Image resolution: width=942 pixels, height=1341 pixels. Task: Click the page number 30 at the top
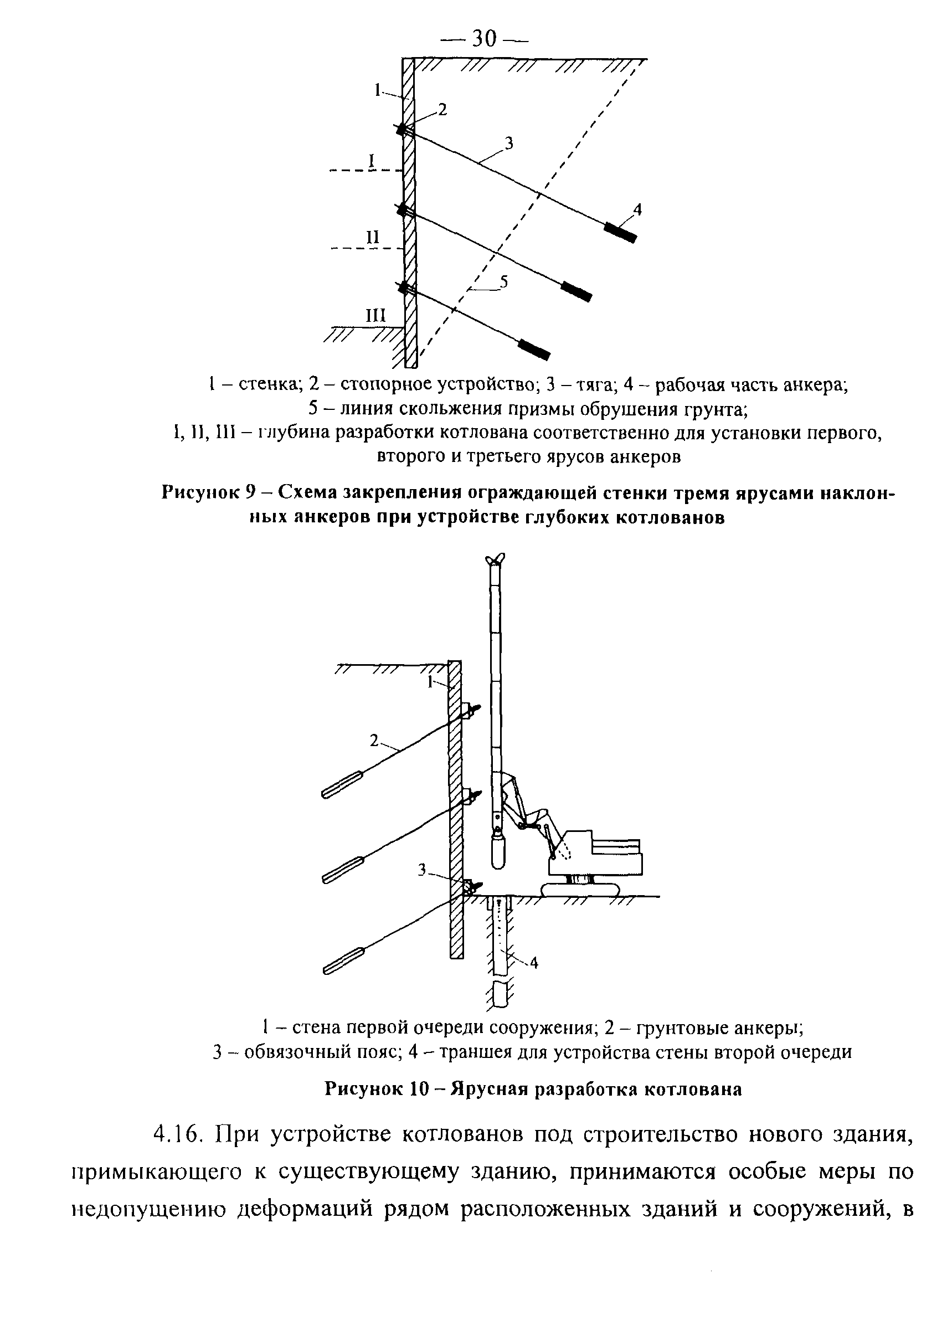[483, 39]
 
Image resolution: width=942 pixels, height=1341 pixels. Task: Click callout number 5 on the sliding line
[503, 281]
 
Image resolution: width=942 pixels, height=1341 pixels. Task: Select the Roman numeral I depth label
[371, 159]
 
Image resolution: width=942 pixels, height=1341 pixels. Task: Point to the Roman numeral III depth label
[375, 315]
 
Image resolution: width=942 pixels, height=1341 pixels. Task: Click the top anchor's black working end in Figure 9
[620, 233]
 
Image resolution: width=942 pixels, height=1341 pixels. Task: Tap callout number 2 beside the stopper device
[442, 109]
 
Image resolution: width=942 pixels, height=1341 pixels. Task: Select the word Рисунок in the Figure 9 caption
[200, 492]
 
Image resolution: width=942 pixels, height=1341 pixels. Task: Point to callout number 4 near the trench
[534, 963]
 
